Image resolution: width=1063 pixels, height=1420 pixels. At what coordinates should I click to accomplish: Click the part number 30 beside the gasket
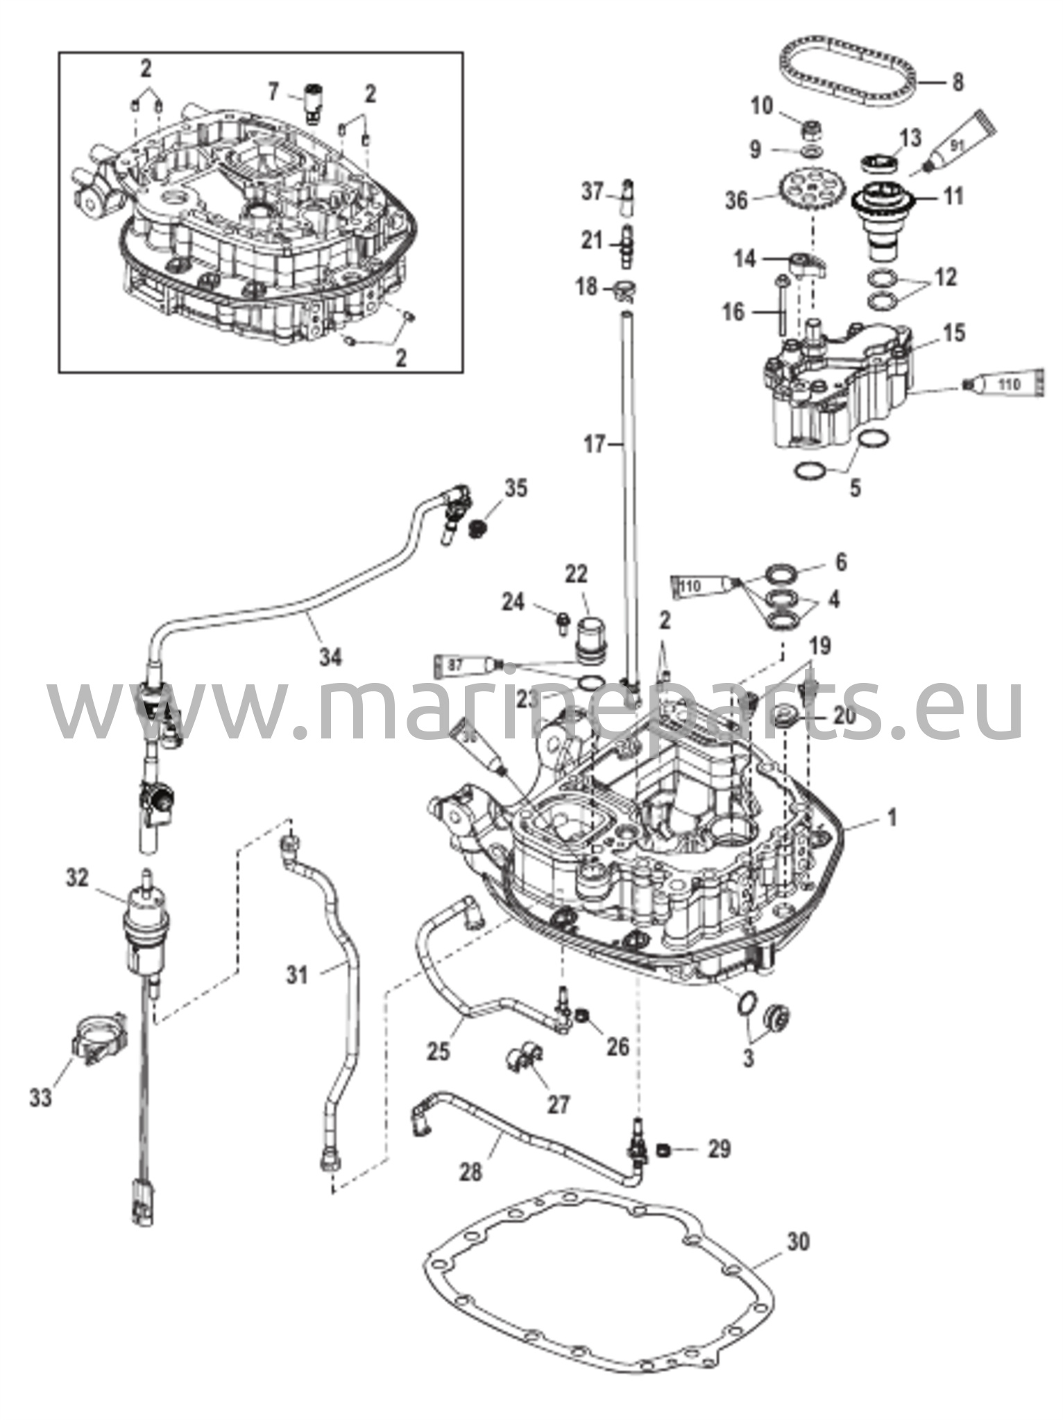tap(799, 1242)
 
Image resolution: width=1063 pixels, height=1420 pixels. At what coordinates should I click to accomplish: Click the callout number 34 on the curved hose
tap(330, 656)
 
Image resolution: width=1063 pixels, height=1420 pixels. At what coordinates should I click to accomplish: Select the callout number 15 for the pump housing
tap(954, 334)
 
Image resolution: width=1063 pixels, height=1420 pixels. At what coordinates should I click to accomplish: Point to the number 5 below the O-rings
tap(855, 487)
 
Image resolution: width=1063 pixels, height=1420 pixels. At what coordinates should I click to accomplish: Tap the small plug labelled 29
tap(663, 1152)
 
